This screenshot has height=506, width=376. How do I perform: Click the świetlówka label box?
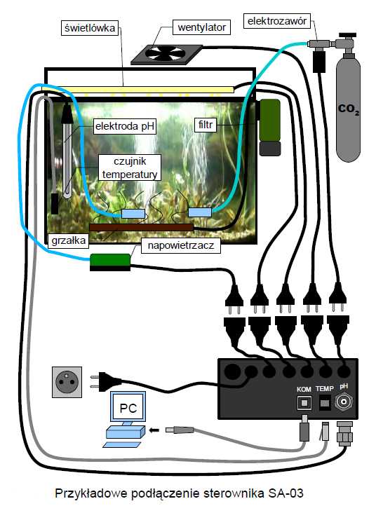point(90,28)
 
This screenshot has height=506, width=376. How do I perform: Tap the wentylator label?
point(201,27)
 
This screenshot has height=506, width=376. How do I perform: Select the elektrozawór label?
point(277,21)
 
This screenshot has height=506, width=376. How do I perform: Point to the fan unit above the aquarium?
point(167,54)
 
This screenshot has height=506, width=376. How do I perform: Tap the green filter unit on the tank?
point(269,127)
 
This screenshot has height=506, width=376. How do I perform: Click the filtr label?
point(205,125)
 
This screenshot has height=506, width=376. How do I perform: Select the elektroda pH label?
point(125,126)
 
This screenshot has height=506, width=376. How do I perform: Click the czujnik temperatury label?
point(130,167)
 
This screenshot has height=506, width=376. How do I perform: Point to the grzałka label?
point(69,240)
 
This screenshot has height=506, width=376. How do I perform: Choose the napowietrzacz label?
point(181,245)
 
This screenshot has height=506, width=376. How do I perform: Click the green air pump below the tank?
point(110,262)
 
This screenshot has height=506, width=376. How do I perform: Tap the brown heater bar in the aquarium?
point(141,227)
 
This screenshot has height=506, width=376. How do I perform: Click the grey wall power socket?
point(67,382)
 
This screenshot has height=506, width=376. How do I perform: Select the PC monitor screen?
point(128,408)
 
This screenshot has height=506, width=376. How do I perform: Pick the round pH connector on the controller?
point(344,402)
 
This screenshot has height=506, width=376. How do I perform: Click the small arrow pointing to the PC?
point(155,430)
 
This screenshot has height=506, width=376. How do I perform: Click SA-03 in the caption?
point(286,493)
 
